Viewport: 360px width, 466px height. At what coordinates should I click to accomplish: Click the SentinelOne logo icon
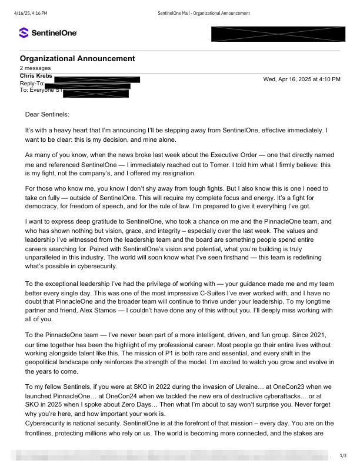(25, 34)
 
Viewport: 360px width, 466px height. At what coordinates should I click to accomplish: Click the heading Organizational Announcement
(77, 58)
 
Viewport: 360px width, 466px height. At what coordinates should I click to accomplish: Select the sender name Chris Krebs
(36, 76)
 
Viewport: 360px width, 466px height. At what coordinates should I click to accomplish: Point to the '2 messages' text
(35, 68)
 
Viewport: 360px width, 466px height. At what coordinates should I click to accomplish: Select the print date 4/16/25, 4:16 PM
(30, 13)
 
